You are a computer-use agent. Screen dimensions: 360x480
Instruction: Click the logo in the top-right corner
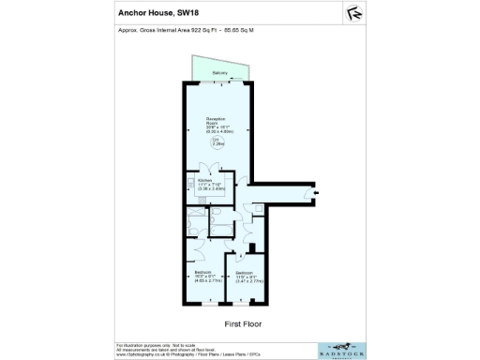(x=355, y=13)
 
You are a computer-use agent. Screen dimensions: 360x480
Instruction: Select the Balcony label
(x=220, y=72)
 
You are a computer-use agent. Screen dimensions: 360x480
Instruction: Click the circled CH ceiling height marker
(x=217, y=143)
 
